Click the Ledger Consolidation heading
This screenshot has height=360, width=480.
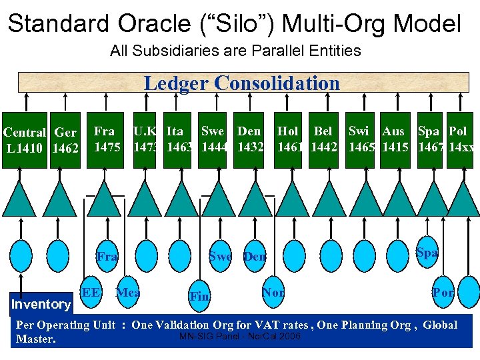[241, 83]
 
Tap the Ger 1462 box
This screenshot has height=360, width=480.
[65, 140]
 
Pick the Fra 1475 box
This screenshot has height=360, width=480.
[107, 139]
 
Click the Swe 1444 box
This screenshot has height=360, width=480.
[214, 139]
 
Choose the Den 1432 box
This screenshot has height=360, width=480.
[250, 139]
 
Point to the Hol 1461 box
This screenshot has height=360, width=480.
[289, 139]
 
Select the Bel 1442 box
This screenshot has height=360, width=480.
[323, 139]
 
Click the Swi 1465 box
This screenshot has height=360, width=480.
[362, 139]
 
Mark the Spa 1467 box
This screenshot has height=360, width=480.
[431, 139]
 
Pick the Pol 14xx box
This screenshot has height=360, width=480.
[461, 139]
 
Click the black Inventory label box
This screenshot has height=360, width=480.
[41, 304]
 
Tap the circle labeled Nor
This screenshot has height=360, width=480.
[273, 293]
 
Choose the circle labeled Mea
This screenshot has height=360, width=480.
[128, 293]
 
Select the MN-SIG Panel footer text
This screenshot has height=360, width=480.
[240, 336]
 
